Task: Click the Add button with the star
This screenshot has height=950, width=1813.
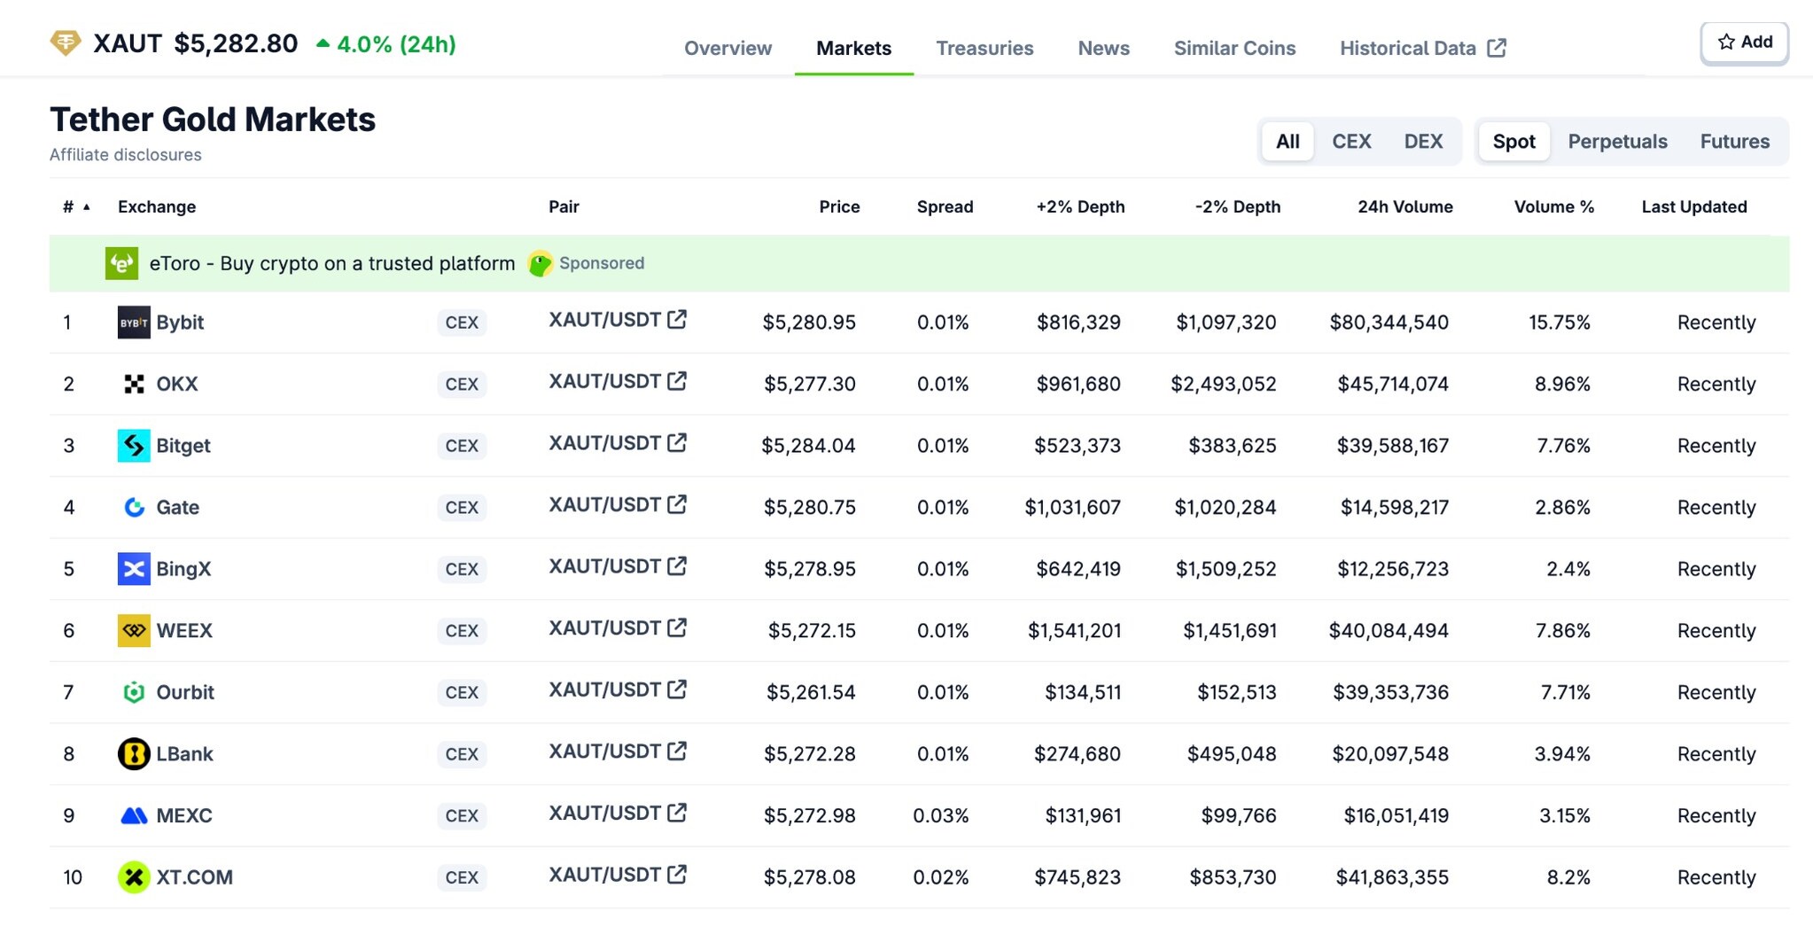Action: tap(1744, 43)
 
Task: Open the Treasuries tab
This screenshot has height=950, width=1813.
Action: tap(984, 48)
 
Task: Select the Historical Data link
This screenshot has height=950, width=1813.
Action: tap(1422, 48)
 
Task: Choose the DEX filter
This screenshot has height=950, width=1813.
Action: tap(1423, 141)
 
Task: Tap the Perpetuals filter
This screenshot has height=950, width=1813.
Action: tap(1617, 141)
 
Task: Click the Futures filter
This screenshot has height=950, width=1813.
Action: tap(1734, 141)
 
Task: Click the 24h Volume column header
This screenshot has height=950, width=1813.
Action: tap(1404, 206)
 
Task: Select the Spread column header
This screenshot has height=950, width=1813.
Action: tap(945, 206)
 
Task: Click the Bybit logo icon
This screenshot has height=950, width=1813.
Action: tap(134, 323)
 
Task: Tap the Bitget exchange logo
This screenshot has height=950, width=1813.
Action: tap(134, 446)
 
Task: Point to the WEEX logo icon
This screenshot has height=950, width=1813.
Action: tap(134, 631)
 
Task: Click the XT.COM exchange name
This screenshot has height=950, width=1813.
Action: tap(194, 877)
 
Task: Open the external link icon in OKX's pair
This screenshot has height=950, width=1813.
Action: tap(677, 381)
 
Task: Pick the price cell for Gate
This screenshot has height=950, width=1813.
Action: tap(809, 508)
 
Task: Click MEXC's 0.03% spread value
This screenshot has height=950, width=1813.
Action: tap(940, 815)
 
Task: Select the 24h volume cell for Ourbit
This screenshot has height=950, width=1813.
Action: tap(1390, 692)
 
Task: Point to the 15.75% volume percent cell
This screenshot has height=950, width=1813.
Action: tap(1559, 323)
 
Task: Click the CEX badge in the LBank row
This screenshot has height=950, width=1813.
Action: tap(462, 754)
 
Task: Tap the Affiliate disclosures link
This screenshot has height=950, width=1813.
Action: tap(126, 155)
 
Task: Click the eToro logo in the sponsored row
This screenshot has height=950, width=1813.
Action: tap(122, 263)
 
